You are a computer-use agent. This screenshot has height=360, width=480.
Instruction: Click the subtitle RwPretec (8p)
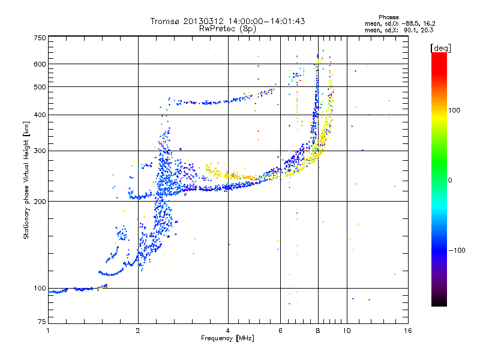(x=227, y=29)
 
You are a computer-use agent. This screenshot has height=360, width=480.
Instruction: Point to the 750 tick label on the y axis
(x=40, y=38)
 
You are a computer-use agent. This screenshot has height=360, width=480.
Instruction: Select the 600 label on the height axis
(x=40, y=64)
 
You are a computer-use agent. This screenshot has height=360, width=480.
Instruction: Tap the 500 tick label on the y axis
(x=40, y=87)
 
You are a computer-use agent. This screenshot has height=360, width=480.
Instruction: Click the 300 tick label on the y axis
(x=40, y=151)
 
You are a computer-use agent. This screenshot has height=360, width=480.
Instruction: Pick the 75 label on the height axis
(x=42, y=322)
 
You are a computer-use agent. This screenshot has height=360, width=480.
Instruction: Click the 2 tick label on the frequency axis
(x=138, y=331)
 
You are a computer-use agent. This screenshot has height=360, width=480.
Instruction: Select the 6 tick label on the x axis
(x=280, y=331)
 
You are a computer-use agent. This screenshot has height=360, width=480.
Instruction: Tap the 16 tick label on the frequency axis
(x=408, y=331)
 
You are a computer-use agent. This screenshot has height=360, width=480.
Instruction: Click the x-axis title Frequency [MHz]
(x=227, y=338)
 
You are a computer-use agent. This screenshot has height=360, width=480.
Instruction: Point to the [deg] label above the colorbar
(x=440, y=48)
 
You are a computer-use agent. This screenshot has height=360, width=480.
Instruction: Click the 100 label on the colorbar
(x=454, y=110)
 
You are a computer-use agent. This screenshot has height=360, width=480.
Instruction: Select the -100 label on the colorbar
(x=457, y=250)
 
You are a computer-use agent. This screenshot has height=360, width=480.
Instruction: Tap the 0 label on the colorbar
(x=450, y=181)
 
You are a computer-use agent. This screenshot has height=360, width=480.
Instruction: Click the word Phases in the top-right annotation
(x=389, y=17)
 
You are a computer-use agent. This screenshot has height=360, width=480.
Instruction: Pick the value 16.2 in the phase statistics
(x=429, y=23)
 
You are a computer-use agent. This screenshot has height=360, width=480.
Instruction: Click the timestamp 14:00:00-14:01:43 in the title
(x=266, y=21)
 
